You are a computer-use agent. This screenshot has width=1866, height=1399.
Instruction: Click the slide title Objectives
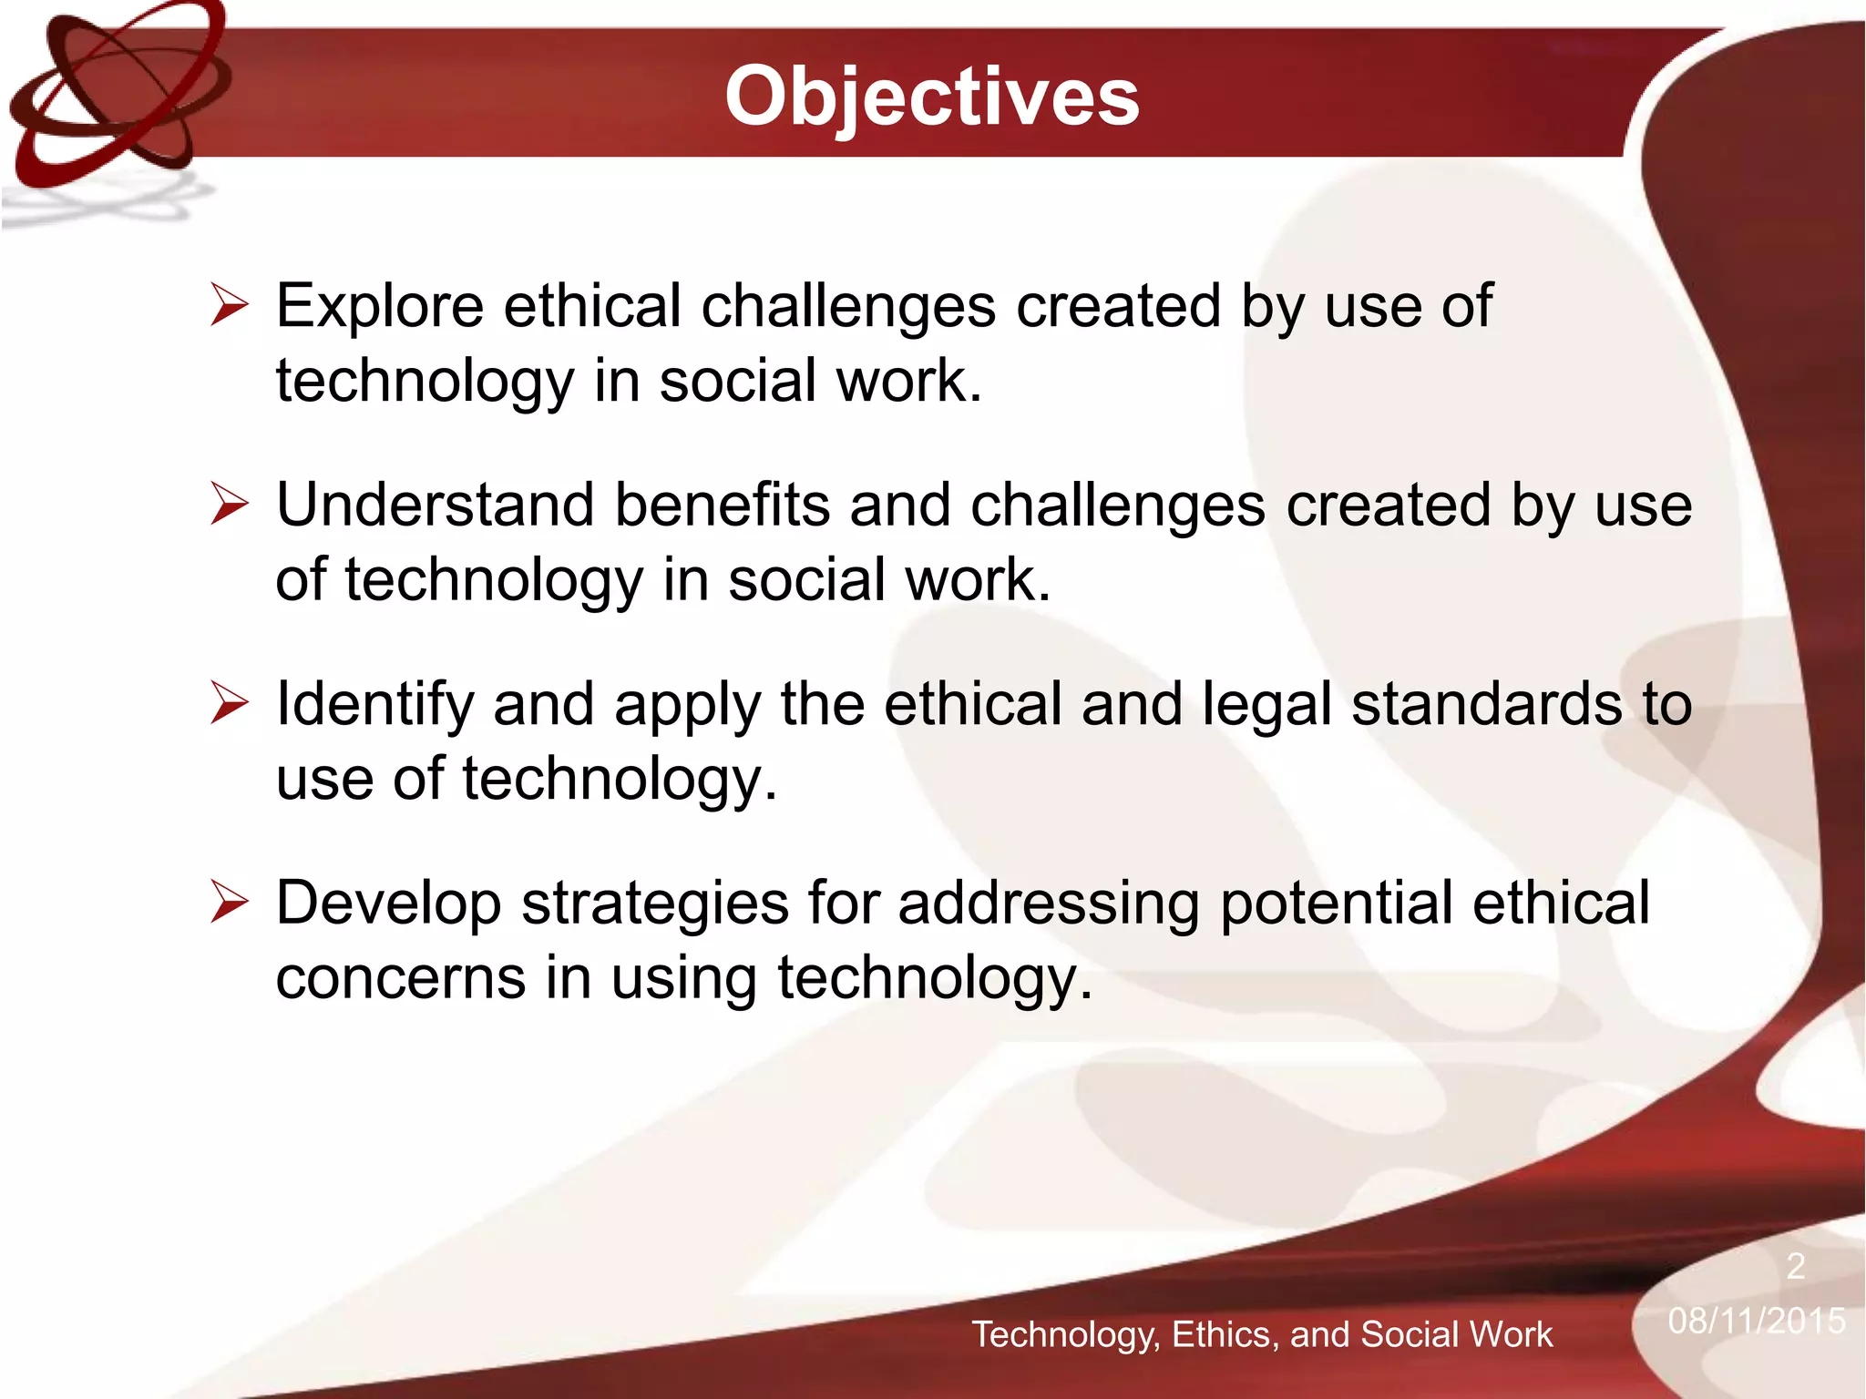pos(931,97)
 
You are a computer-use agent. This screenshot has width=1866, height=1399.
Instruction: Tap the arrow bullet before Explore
pos(229,305)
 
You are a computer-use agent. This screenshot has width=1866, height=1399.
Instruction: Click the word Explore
pos(379,306)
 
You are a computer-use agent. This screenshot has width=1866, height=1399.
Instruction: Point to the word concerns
pos(400,979)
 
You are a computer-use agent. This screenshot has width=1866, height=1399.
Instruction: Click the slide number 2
pos(1795,1266)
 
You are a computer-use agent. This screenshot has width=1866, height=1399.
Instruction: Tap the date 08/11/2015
pos(1756,1321)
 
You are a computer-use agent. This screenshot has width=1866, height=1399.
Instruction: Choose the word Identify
pos(374,706)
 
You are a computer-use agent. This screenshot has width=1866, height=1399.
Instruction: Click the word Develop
pos(387,904)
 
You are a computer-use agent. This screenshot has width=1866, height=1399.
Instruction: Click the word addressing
pos(1048,904)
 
